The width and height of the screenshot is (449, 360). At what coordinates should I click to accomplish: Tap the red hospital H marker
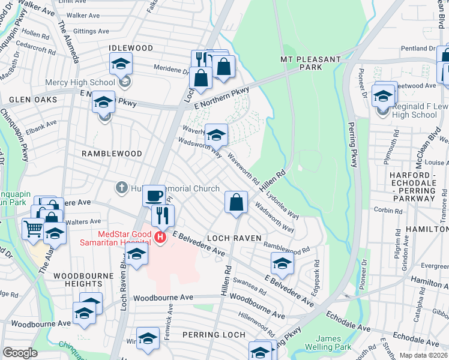point(160,237)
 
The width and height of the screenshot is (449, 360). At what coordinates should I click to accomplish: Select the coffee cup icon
point(154,195)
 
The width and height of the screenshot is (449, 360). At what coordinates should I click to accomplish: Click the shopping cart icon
point(34,227)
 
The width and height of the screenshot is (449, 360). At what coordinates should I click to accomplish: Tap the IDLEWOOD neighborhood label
point(131,47)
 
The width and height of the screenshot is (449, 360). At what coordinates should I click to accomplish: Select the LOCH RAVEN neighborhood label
point(235,238)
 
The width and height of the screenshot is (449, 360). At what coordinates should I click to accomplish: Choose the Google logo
point(20,353)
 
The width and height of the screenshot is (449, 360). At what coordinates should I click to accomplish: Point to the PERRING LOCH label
point(215,334)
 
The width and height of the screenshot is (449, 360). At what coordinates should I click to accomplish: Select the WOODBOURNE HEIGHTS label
point(77,279)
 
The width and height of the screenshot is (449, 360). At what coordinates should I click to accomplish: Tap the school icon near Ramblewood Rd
point(282,262)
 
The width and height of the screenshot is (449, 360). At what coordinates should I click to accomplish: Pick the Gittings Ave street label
point(91,31)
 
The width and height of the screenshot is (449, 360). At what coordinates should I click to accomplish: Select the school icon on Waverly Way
point(217,134)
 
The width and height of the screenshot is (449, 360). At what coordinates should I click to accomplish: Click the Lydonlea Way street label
point(283,206)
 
